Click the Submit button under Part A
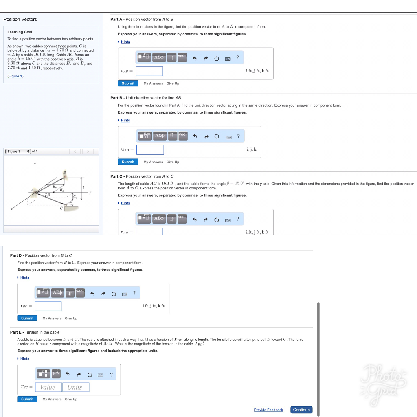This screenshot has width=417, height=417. coord(128,83)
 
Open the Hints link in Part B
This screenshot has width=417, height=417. coord(125,120)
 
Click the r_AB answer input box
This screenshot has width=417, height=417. coord(149,71)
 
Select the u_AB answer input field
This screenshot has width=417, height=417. coord(150,150)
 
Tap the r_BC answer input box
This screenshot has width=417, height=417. coord(48,306)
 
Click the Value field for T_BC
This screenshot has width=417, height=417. coord(48,387)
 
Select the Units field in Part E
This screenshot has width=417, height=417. coord(75,387)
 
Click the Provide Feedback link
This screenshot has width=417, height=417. coord(268,410)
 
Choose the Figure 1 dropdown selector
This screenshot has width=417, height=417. coord(18,151)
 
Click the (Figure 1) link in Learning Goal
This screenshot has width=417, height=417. coord(15,76)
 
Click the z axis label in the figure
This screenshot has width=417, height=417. coord(35,163)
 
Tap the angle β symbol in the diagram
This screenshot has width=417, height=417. coord(48,195)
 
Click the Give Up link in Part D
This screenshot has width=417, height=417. coord(71,318)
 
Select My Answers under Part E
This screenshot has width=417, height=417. coord(52,399)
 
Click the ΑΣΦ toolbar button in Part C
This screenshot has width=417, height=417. coord(159,219)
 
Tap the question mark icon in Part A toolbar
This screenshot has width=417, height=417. coord(237,58)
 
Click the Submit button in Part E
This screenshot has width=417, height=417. coord(27,399)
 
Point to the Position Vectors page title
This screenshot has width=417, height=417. coord(20,19)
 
